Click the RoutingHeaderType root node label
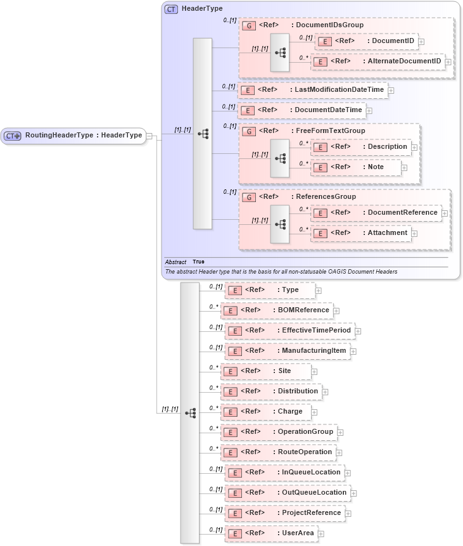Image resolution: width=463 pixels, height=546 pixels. tap(83, 135)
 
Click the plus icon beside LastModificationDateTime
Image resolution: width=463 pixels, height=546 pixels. tap(391, 90)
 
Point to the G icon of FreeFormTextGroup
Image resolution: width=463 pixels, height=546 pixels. tap(249, 131)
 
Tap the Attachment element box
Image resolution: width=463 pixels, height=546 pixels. tap(360, 233)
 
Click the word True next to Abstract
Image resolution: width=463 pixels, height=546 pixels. tap(198, 262)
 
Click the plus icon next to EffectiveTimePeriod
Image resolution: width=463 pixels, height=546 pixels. tap(358, 331)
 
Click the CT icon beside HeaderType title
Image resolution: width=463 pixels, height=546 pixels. tap(171, 10)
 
